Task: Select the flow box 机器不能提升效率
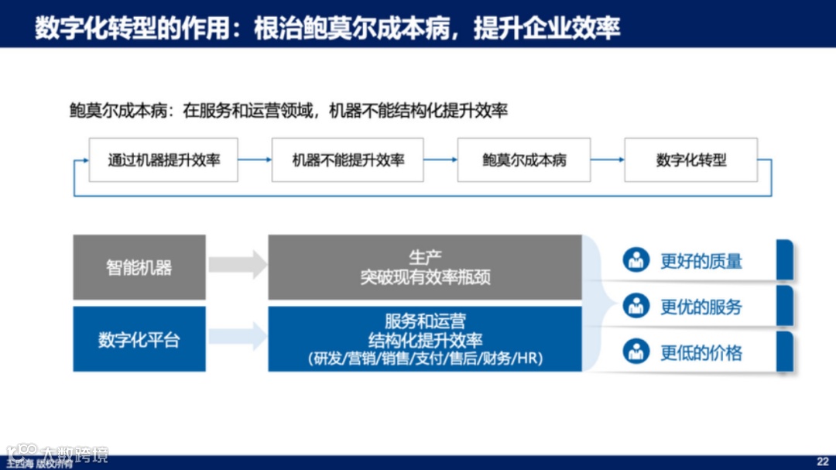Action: pos(348,160)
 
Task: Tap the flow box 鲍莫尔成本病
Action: pos(524,160)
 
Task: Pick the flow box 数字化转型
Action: pos(691,160)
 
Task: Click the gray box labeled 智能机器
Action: pos(139,268)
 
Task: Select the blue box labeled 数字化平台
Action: pos(139,339)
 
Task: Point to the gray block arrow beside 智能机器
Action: pos(238,265)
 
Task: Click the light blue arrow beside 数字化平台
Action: pos(238,336)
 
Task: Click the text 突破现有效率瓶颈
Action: pos(425,277)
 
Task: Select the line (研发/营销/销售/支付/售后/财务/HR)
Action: pos(425,359)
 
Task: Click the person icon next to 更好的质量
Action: pos(636,260)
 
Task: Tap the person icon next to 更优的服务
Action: pos(636,306)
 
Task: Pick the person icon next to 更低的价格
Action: pos(636,352)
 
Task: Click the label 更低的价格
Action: pos(701,353)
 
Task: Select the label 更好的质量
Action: pos(701,261)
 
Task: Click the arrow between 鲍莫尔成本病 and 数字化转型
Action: pos(608,160)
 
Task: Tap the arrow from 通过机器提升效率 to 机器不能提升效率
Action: pos(255,160)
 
